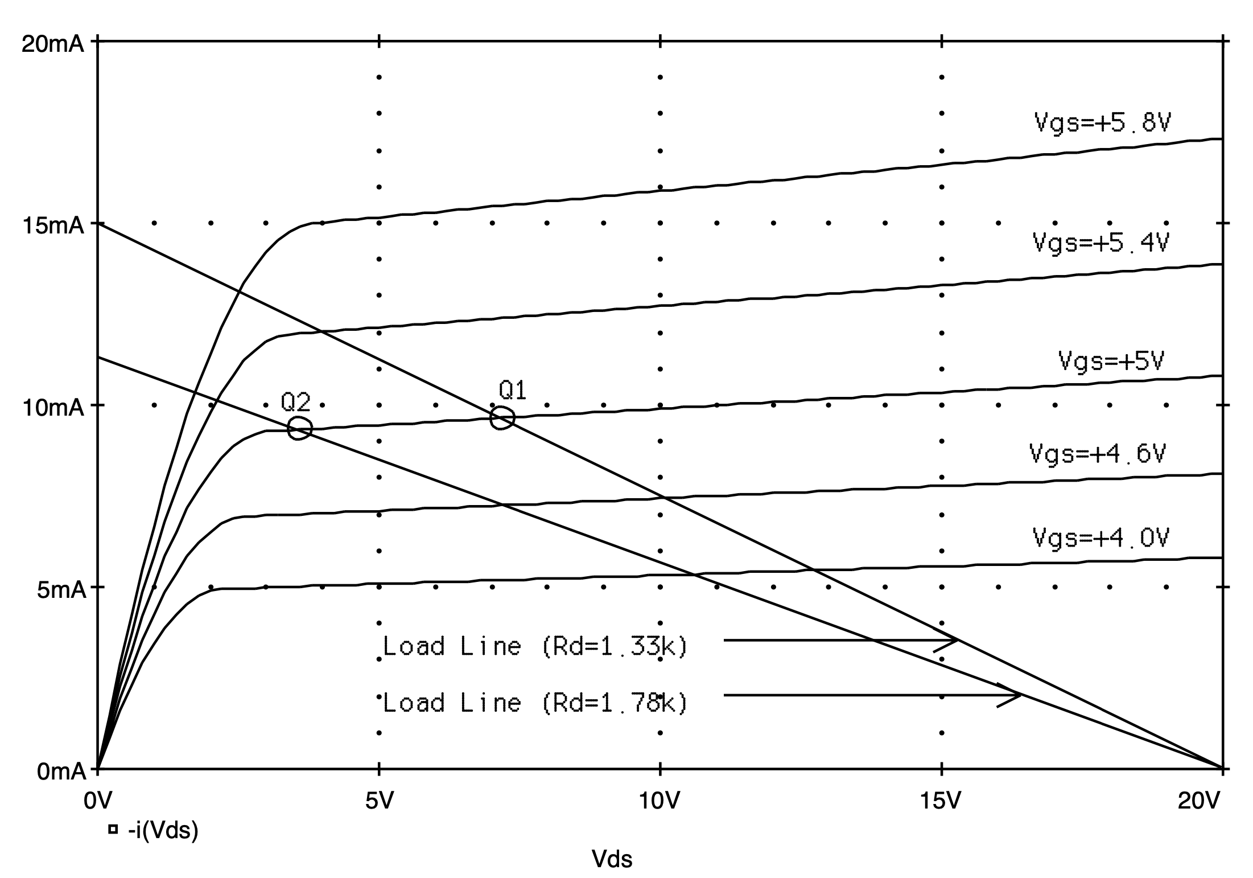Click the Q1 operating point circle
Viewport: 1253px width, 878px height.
click(x=502, y=418)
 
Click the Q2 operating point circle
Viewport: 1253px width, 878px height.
click(x=300, y=428)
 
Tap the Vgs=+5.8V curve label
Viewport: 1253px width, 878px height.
click(x=1102, y=123)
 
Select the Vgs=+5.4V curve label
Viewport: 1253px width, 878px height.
click(x=1101, y=243)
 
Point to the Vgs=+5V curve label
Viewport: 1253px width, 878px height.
click(x=1111, y=360)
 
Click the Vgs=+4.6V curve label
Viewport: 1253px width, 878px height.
click(x=1098, y=454)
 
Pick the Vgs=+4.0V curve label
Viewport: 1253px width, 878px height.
click(x=1101, y=538)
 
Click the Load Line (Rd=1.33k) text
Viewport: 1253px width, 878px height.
click(x=535, y=646)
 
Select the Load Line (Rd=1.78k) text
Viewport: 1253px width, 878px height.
click(x=535, y=703)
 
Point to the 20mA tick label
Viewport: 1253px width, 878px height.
click(x=52, y=44)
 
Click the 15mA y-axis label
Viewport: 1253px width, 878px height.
click(x=52, y=225)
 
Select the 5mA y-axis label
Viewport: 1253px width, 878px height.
click(x=60, y=590)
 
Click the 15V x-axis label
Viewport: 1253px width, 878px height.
click(x=941, y=802)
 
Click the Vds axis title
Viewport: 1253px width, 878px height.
click(x=612, y=859)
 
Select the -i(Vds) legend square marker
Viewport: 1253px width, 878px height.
click(x=113, y=830)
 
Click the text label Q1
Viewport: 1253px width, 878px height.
click(x=513, y=391)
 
